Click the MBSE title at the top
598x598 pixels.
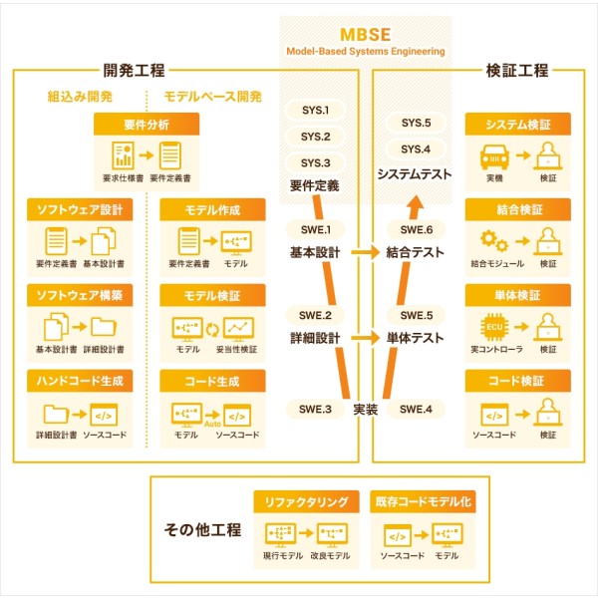click(365, 35)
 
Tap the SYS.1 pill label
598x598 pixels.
click(315, 111)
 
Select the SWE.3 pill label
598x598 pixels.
click(315, 410)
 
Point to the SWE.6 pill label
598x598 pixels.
click(416, 230)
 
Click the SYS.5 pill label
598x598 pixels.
click(416, 123)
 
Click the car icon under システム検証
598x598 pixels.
click(494, 156)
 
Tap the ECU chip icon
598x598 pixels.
click(494, 327)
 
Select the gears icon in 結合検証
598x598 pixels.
click(494, 240)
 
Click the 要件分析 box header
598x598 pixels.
click(147, 125)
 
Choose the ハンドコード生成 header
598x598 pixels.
click(80, 381)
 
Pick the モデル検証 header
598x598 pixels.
click(212, 296)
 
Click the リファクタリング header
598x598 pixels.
click(306, 502)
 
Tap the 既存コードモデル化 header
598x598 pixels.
click(423, 502)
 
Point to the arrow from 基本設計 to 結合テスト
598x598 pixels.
click(366, 252)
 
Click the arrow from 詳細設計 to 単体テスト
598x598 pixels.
click(366, 338)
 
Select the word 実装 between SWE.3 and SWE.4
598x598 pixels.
click(366, 410)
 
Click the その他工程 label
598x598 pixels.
click(202, 530)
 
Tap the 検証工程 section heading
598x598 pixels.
click(516, 71)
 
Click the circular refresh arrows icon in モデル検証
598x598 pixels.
click(212, 330)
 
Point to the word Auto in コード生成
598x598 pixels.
click(212, 424)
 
